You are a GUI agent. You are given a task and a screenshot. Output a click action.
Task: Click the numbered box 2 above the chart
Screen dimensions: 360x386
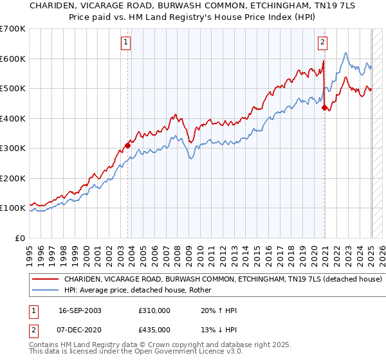tap(322, 43)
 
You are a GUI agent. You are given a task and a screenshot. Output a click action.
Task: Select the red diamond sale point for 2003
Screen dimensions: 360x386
tap(128, 145)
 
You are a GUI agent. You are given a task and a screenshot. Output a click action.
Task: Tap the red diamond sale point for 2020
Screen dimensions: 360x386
tap(325, 108)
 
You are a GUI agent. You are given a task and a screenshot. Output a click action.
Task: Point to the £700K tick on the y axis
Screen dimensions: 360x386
tap(12, 29)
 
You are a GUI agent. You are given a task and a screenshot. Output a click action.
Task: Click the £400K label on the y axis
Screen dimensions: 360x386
tap(12, 118)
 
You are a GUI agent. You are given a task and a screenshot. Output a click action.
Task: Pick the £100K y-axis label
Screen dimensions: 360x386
tap(12, 208)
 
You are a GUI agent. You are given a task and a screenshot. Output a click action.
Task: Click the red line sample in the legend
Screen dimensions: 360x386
tap(46, 280)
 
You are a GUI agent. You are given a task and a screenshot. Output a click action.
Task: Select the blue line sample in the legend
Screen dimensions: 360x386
tap(46, 291)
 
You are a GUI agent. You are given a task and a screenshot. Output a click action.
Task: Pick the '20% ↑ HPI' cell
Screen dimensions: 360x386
tap(219, 310)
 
